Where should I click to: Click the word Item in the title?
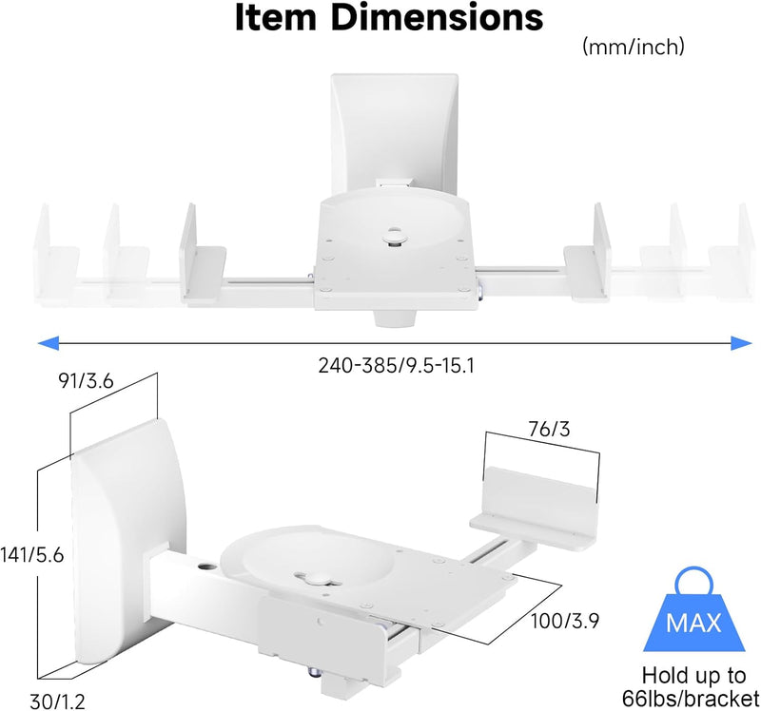[x=276, y=17]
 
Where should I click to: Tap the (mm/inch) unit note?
[x=634, y=47]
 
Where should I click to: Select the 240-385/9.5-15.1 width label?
[x=396, y=365]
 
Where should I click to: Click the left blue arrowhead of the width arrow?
[x=49, y=343]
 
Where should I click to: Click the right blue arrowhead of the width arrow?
[x=742, y=343]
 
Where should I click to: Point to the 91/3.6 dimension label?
[x=86, y=381]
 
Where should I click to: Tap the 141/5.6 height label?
[x=32, y=555]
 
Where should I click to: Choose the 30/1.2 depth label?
[x=57, y=701]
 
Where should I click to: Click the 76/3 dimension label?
[x=549, y=430]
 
